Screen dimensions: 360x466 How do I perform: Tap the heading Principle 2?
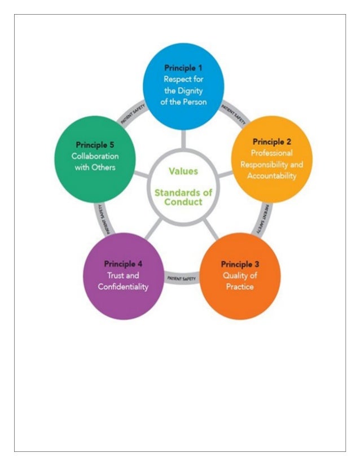pos(271,141)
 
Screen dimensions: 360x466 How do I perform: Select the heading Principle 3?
pos(240,264)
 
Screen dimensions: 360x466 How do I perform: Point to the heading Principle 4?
pos(123,263)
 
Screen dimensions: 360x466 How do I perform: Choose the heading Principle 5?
pos(95,144)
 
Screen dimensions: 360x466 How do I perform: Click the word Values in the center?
pos(183,170)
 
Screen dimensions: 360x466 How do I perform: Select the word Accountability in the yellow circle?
pos(272,175)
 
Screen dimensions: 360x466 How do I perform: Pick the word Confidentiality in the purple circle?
pos(123,287)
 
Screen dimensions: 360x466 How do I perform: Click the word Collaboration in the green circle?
pos(95,156)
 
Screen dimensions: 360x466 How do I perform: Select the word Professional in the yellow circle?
pos(272,153)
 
